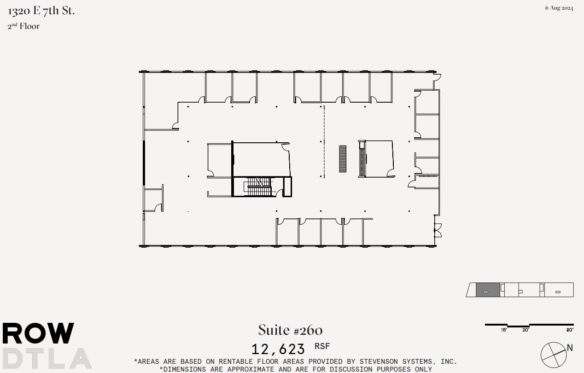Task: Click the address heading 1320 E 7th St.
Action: click(x=41, y=11)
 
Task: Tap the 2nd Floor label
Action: click(x=23, y=26)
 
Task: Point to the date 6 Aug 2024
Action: click(x=559, y=8)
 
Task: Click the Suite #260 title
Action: click(x=290, y=330)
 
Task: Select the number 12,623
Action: click(x=278, y=349)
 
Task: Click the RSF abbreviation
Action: click(x=322, y=346)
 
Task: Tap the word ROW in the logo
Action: click(x=38, y=333)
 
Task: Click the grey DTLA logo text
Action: click(x=46, y=358)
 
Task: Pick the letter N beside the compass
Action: click(x=570, y=348)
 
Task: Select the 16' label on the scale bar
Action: click(x=504, y=330)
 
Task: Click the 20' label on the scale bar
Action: click(x=526, y=330)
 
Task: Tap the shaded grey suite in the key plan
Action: click(x=487, y=290)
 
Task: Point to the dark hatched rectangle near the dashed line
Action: click(x=343, y=159)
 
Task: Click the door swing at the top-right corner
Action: click(x=437, y=79)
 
